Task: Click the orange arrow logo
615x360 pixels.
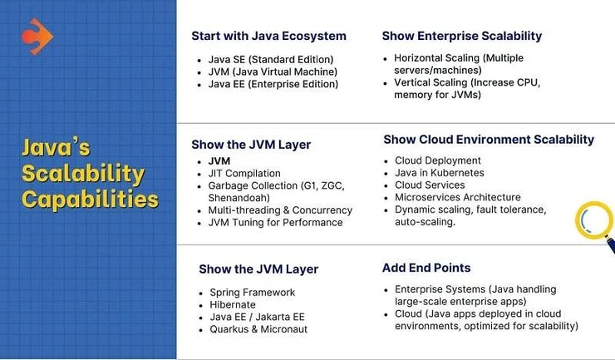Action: click(x=37, y=37)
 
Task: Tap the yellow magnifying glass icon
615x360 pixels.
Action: click(x=595, y=227)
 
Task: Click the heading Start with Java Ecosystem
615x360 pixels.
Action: click(x=268, y=36)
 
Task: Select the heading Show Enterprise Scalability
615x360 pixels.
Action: click(x=462, y=36)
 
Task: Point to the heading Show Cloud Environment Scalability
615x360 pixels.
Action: click(x=489, y=140)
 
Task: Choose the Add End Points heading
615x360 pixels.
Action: click(x=426, y=268)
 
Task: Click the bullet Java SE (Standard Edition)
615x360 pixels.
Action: click(x=271, y=60)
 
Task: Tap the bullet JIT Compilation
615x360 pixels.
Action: click(x=244, y=174)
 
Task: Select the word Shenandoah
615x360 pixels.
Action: click(x=238, y=198)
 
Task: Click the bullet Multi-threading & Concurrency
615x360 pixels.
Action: click(x=280, y=210)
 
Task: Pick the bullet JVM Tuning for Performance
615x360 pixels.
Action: click(x=275, y=223)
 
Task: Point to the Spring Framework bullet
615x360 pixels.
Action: click(x=252, y=293)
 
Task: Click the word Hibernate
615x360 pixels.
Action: click(x=233, y=304)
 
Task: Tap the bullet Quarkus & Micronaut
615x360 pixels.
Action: click(x=258, y=329)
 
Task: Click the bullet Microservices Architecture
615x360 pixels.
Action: click(x=458, y=197)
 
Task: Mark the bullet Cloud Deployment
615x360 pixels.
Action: click(x=438, y=160)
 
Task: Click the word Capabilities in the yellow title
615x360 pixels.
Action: click(x=91, y=200)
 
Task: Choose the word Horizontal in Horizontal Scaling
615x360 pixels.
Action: click(x=418, y=58)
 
